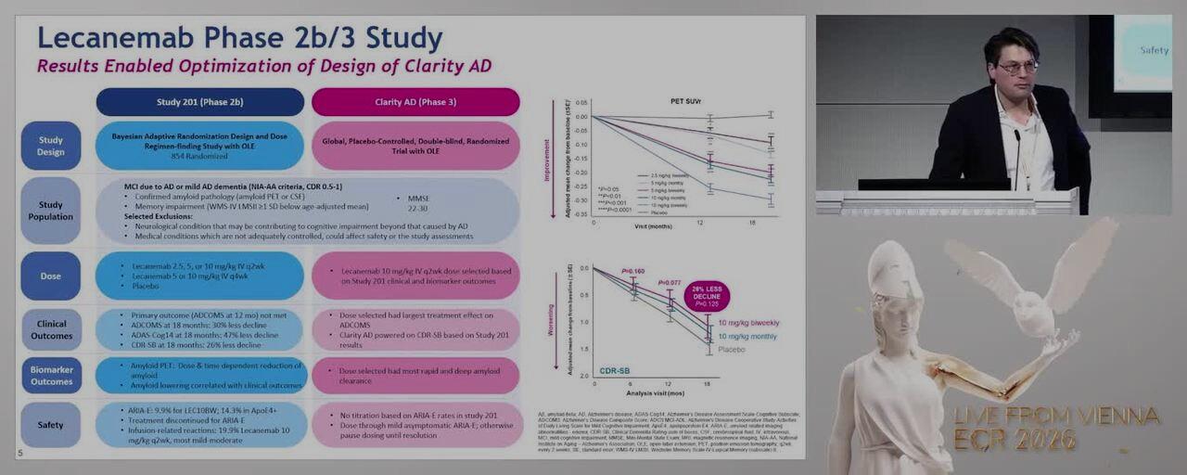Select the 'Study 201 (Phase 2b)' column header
[x=199, y=102]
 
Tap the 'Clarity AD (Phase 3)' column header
[x=415, y=102]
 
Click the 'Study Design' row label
[x=51, y=146]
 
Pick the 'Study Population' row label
[x=51, y=211]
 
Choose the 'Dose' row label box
[x=51, y=276]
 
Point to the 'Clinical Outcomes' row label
[x=51, y=329]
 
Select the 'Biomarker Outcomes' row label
[x=51, y=375]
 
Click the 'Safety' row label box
[x=51, y=425]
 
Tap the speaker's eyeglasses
[x=1018, y=67]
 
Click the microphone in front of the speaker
[x=1016, y=139]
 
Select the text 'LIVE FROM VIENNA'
[x=1057, y=415]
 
